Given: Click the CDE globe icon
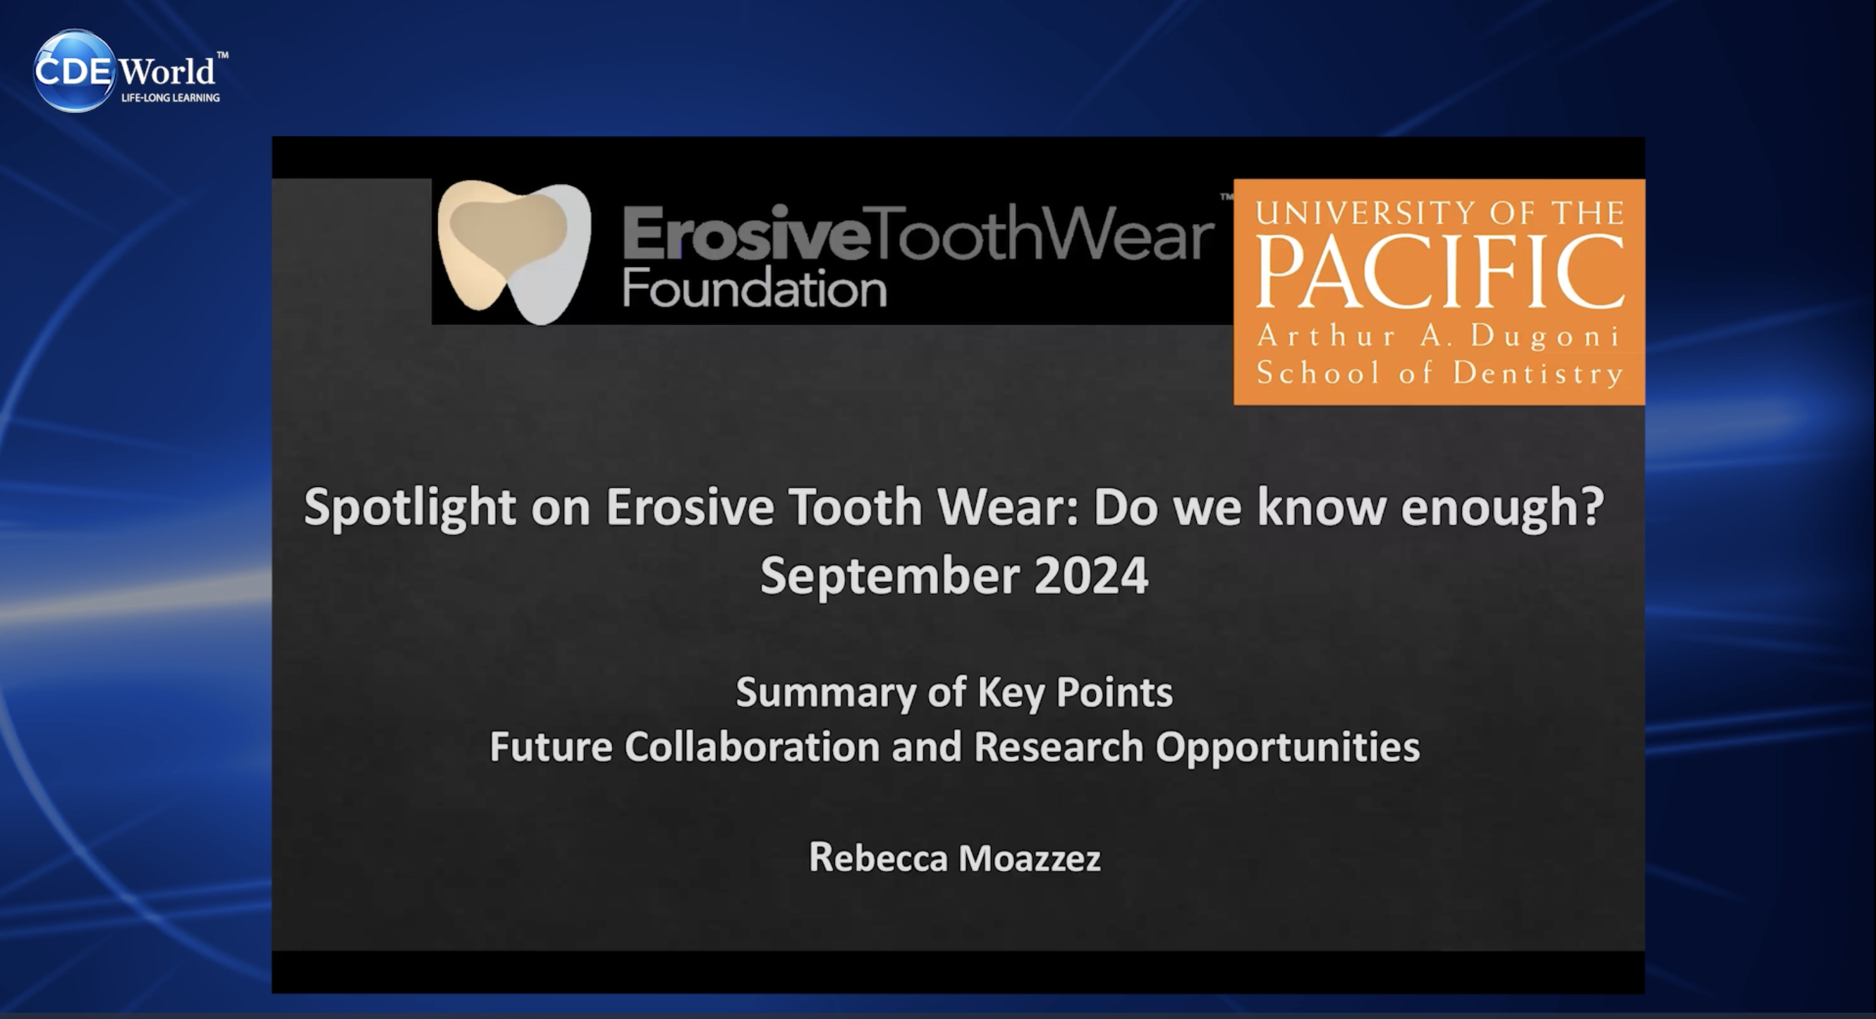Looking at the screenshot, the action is pos(74,70).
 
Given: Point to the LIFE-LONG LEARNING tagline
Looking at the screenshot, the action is pos(171,97).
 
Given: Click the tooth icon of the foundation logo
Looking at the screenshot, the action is pos(514,251).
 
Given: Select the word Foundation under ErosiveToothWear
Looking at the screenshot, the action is pos(755,288).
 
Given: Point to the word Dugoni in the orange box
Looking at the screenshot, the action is pos(1545,335).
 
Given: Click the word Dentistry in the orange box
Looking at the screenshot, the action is pos(1538,373).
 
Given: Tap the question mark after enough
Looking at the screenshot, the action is pos(1593,505).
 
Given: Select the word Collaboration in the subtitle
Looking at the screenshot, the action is pos(752,747).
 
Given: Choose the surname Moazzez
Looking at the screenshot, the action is pos(1030,858).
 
